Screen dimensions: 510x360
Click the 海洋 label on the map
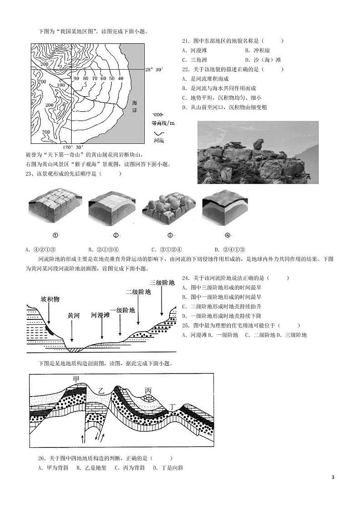[134, 107]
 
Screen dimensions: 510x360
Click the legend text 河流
[159, 141]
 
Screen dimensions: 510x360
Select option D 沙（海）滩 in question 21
[263, 60]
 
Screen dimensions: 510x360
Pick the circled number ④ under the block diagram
[228, 235]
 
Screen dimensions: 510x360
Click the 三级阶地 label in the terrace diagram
[162, 282]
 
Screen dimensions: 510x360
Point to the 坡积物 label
[50, 299]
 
